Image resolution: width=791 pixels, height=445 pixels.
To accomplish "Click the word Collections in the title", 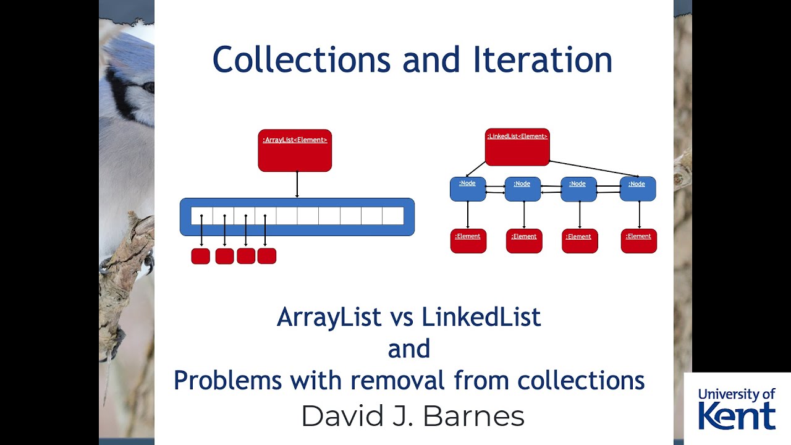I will click(302, 60).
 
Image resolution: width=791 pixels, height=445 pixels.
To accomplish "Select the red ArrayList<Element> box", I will click(295, 150).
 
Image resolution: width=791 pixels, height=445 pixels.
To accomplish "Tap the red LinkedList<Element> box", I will click(517, 147).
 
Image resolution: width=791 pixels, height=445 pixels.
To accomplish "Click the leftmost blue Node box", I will click(468, 189).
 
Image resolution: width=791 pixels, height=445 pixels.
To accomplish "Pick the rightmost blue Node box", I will click(637, 189).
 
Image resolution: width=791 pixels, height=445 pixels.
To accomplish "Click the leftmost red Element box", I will click(468, 240).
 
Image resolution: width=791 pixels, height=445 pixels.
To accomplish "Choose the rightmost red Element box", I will click(638, 240).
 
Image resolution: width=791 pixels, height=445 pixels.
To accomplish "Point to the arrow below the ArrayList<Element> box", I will click(297, 184).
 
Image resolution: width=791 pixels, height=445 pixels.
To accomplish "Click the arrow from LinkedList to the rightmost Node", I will click(593, 167).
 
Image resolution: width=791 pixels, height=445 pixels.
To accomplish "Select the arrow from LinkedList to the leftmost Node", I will click(476, 168).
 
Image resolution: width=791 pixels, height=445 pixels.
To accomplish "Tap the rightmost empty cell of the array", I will click(393, 216).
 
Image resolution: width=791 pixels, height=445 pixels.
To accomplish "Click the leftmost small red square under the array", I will click(200, 256).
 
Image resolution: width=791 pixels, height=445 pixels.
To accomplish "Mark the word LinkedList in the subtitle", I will click(481, 317).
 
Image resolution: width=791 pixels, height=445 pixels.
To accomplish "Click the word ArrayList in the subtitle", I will click(329, 317).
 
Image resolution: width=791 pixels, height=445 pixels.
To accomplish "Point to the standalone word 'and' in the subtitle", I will click(409, 349).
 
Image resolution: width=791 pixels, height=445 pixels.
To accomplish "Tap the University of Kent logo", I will click(737, 409).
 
